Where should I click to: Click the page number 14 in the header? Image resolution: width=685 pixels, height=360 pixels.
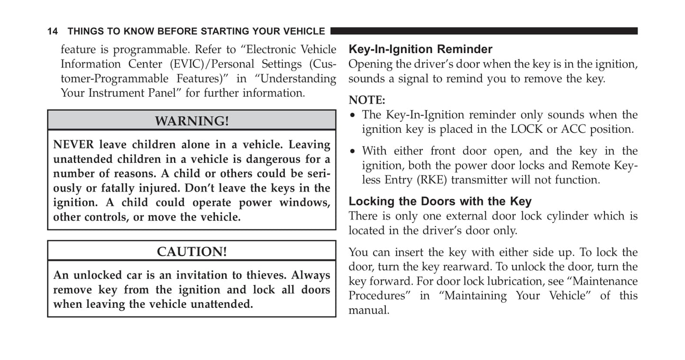(53, 32)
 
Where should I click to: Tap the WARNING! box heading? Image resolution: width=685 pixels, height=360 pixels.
(192, 121)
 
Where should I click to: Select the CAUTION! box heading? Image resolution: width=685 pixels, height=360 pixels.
(192, 251)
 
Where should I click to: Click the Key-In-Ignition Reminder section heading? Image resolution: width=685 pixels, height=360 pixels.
(420, 49)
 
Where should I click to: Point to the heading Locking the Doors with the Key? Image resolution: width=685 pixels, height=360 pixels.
(440, 201)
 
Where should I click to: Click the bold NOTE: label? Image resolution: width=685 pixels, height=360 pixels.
(367, 100)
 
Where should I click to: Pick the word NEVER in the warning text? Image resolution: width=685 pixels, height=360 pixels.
(73, 145)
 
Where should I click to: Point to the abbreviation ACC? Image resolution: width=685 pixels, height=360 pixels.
(573, 129)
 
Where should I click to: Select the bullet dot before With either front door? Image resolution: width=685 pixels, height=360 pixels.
(352, 152)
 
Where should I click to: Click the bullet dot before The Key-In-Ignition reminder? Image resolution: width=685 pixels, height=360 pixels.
(352, 115)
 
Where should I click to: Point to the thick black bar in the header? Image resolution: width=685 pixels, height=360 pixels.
(484, 31)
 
